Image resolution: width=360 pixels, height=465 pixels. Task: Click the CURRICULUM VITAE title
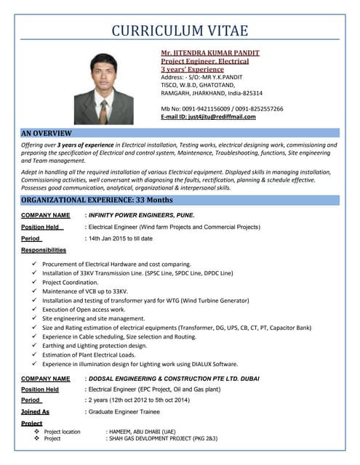pyautogui.click(x=180, y=31)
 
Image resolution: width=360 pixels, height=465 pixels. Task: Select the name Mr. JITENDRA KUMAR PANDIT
pyautogui.click(x=209, y=53)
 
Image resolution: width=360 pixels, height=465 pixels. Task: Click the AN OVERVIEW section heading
pyautogui.click(x=47, y=133)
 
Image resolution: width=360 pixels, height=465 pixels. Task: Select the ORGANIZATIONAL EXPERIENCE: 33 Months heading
pyautogui.click(x=97, y=199)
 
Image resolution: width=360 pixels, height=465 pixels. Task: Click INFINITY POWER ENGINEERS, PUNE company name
pyautogui.click(x=140, y=216)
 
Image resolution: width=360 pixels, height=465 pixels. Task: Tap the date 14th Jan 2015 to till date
pyautogui.click(x=120, y=238)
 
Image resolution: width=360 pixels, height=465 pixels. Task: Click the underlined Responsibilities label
pyautogui.click(x=44, y=250)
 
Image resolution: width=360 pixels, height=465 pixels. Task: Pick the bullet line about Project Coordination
pyautogui.click(x=75, y=282)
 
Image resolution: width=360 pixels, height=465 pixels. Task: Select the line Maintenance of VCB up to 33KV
pyautogui.click(x=85, y=291)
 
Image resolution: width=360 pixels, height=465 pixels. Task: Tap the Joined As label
pyautogui.click(x=36, y=411)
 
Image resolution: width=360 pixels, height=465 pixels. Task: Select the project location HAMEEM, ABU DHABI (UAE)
pyautogui.click(x=141, y=432)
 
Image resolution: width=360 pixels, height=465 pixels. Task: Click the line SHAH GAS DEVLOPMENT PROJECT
pyautogui.click(x=161, y=439)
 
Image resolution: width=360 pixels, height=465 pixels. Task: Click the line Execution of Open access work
pyautogui.click(x=84, y=310)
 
